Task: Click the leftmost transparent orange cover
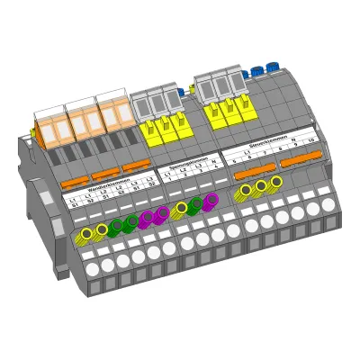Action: point(49,127)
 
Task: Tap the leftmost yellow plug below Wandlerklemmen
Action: point(86,234)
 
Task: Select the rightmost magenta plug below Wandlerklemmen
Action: point(162,213)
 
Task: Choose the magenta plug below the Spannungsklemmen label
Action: point(211,199)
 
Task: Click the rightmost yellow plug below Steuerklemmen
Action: point(276,182)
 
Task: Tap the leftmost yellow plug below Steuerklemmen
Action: point(245,191)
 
